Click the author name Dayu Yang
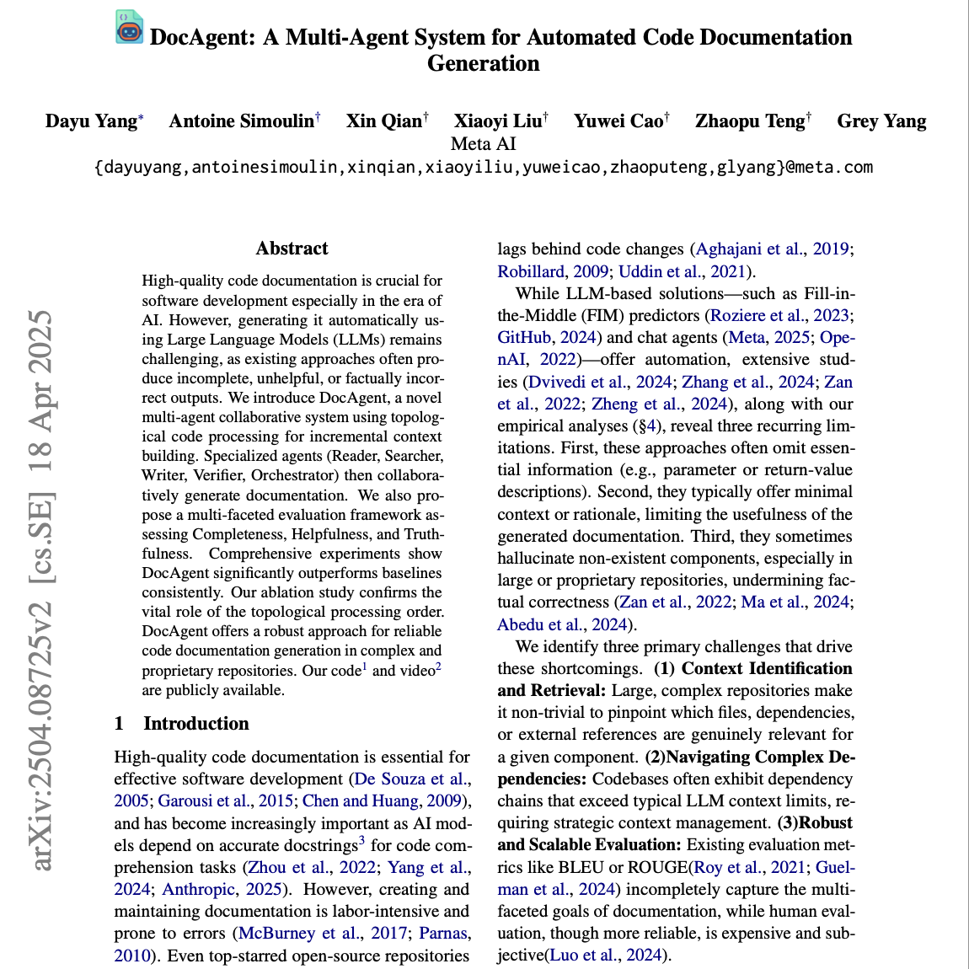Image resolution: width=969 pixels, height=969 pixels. click(x=91, y=121)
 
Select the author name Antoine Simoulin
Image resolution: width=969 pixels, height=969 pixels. click(x=241, y=121)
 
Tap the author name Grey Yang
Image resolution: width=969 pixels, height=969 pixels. click(x=881, y=121)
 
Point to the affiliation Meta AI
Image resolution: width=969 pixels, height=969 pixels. click(x=484, y=144)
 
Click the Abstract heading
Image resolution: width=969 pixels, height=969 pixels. click(x=292, y=249)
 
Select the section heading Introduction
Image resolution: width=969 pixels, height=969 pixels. click(x=195, y=723)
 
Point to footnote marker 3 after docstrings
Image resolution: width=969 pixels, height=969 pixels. click(x=361, y=840)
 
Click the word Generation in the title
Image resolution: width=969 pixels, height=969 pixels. click(x=484, y=64)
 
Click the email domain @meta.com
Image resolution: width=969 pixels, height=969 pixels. click(x=829, y=167)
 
